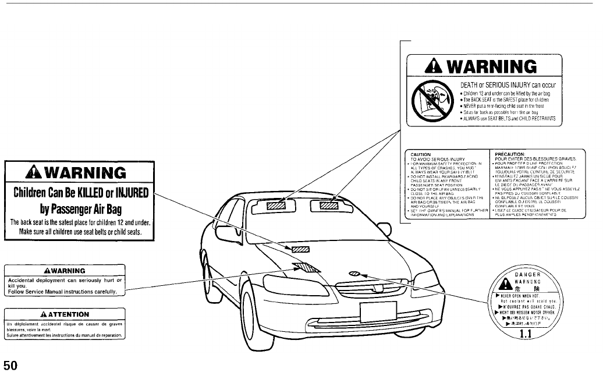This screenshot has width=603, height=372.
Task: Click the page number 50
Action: pos(11,364)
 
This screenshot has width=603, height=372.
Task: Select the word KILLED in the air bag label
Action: pos(90,192)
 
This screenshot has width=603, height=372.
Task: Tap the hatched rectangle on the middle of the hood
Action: pos(300,249)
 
